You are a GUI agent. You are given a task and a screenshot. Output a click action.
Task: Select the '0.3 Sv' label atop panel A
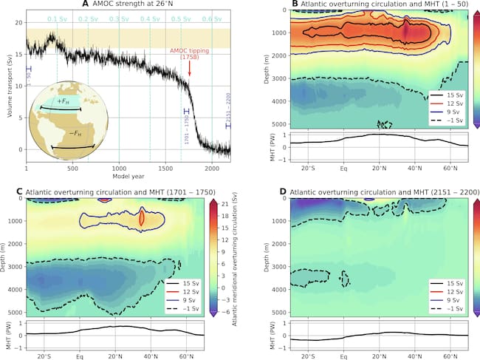pos(120,18)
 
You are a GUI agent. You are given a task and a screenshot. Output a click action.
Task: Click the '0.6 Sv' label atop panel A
pos(212,18)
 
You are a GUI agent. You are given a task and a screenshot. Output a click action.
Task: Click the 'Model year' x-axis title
pos(128,175)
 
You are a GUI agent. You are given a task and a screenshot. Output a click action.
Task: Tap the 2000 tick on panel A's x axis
pos(212,167)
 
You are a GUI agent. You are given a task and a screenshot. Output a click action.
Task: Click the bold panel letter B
pos(271,6)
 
